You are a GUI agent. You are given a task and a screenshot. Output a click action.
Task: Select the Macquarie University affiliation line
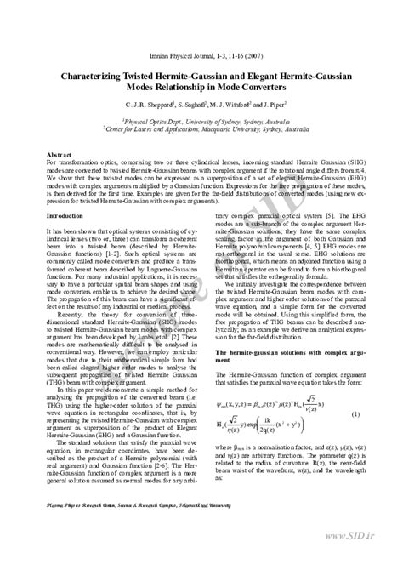(201, 129)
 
